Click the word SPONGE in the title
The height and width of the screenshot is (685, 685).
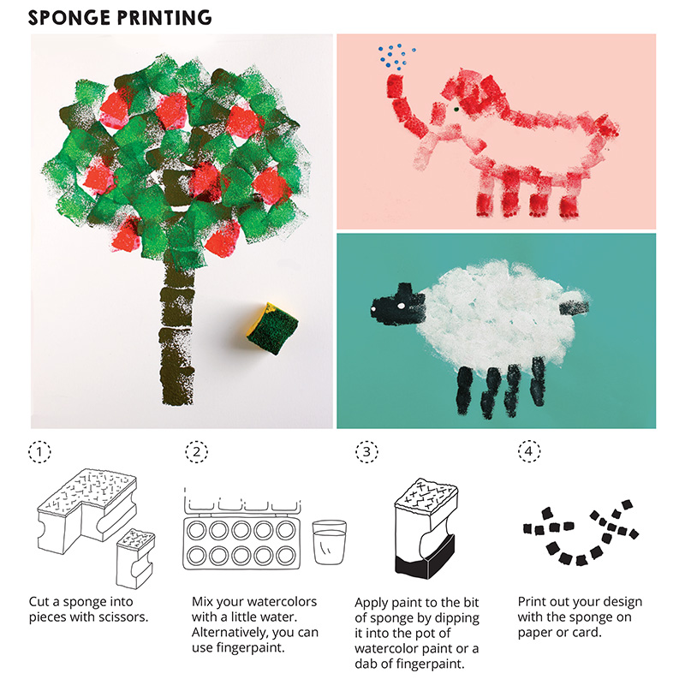coord(69,17)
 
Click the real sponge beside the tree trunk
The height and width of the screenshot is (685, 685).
coord(272,328)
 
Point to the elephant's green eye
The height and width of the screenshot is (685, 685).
coord(456,110)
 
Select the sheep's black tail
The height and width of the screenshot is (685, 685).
coord(574,307)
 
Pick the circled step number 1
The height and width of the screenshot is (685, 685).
coord(39,451)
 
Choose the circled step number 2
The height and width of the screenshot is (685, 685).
coord(197,451)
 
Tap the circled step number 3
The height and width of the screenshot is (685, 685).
coord(366,451)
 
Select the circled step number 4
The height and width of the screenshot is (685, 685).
coord(529,451)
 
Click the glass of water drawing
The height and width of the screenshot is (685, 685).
coord(330,542)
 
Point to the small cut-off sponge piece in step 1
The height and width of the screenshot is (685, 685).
coord(135,558)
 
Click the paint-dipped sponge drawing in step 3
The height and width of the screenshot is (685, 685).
coord(426,528)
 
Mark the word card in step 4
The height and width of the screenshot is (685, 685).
coord(588,633)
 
